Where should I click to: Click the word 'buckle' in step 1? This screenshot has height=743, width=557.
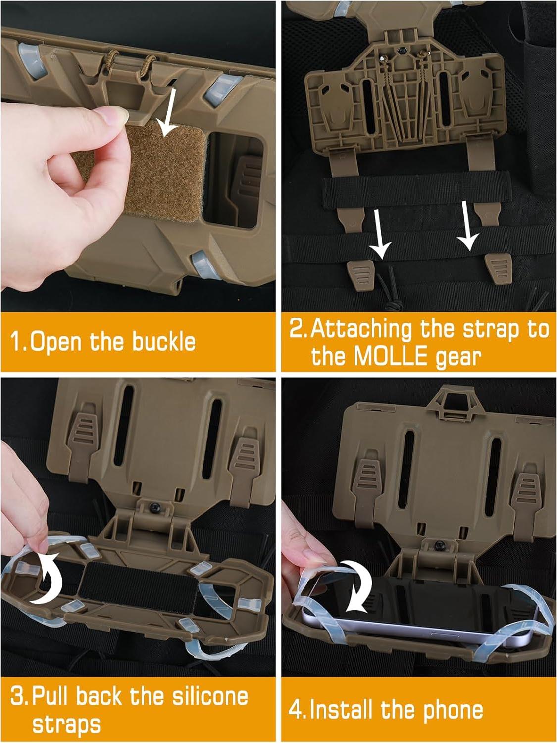pos(163,342)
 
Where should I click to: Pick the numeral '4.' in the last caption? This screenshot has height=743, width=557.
pos(298,710)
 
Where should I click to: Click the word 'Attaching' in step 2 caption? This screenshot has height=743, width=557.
pos(361,329)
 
